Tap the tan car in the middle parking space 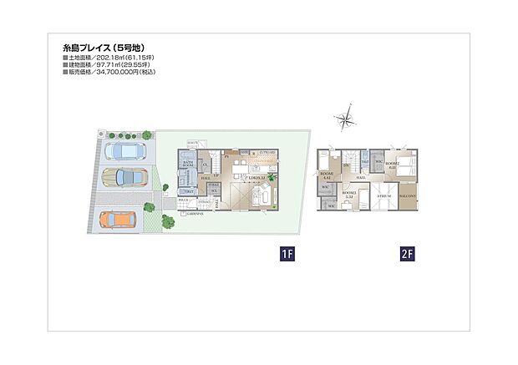[x=123, y=178]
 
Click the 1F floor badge [x=286, y=251]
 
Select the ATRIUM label [x=383, y=196]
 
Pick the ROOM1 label [x=327, y=175]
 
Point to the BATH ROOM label [x=188, y=165]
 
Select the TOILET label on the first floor [x=190, y=191]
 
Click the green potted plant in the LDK [x=272, y=175]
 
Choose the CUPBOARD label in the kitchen [x=267, y=151]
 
